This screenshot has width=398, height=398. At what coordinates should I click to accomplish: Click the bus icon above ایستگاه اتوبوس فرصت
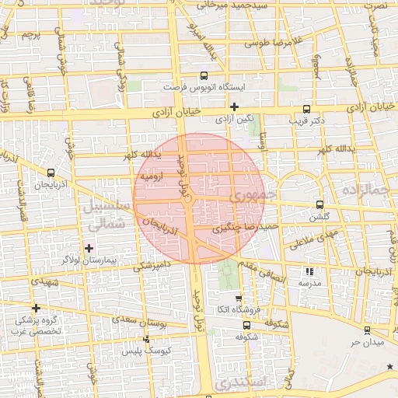[204, 76]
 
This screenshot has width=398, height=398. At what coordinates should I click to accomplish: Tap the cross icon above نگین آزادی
[234, 106]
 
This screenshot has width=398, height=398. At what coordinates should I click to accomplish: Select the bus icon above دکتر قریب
[306, 109]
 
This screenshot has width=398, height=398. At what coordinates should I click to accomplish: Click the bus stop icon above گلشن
[319, 204]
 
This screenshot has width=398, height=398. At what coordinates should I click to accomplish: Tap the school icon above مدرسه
[310, 272]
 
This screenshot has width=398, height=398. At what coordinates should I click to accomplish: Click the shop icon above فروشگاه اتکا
[238, 298]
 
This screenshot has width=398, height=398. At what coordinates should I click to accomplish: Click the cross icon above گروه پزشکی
[36, 308]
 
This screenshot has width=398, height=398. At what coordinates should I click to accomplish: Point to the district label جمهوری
[253, 196]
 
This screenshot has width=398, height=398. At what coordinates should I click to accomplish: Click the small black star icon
[389, 365]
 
